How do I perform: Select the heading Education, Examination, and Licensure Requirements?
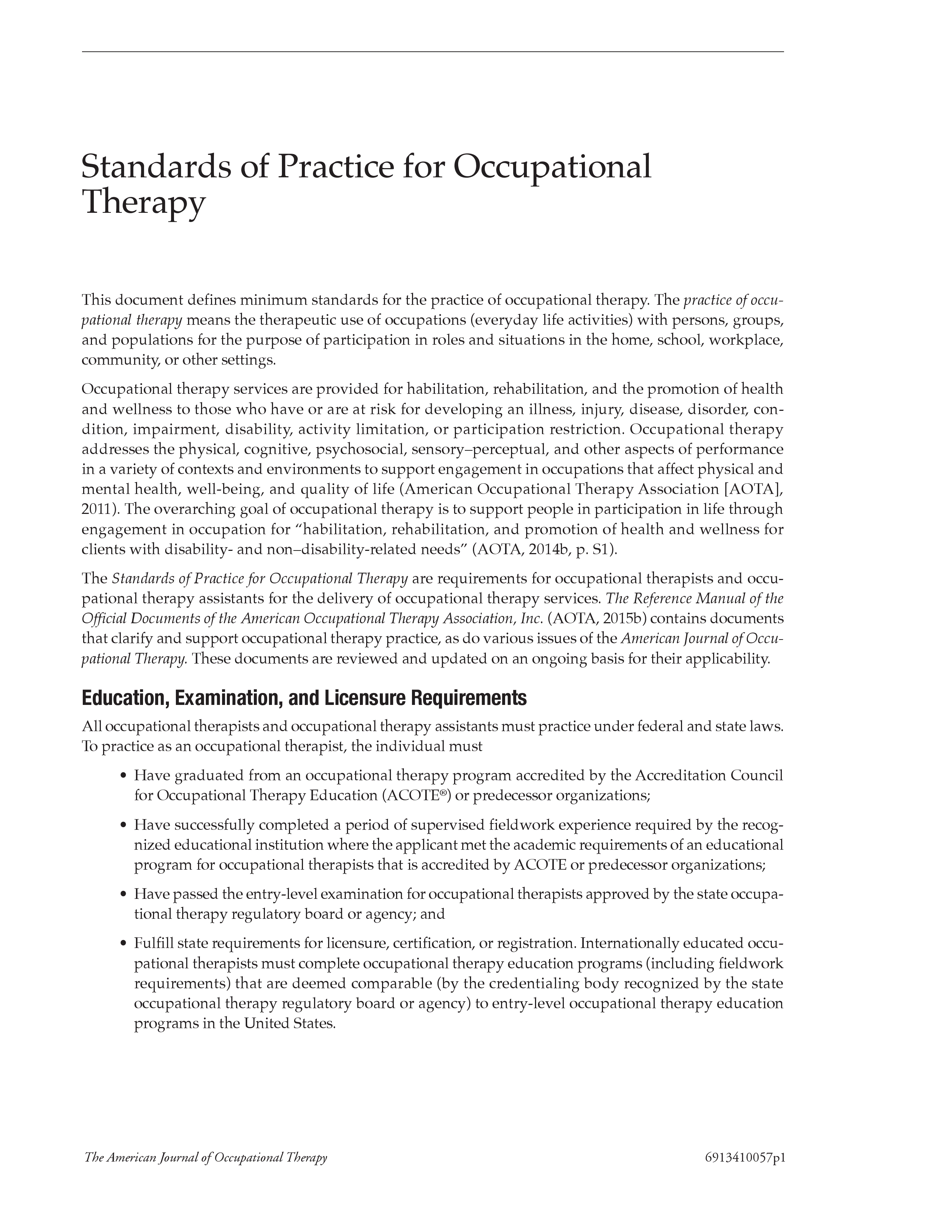304,699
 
